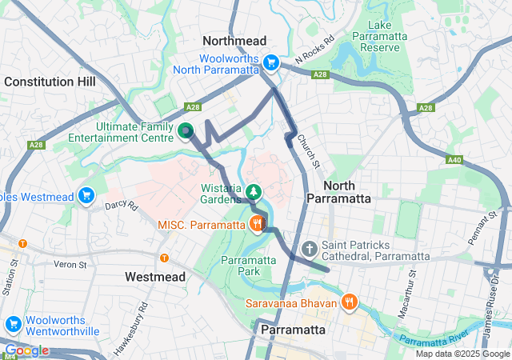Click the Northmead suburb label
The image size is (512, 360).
(x=234, y=40)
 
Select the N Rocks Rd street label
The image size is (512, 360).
(x=314, y=50)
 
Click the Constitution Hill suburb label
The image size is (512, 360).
(x=50, y=82)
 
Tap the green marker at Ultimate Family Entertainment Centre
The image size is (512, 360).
(x=186, y=130)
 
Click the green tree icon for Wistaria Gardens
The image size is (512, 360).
(x=254, y=191)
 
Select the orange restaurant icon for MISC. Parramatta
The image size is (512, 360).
(x=257, y=223)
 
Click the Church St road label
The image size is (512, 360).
(x=308, y=151)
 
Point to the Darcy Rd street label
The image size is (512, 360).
(x=122, y=206)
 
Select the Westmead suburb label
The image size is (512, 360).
(x=155, y=277)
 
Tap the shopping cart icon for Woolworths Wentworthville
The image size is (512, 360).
(x=13, y=324)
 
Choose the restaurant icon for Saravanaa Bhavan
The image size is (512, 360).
(x=349, y=302)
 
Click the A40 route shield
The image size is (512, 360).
(x=454, y=159)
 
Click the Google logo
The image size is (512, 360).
(x=26, y=350)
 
